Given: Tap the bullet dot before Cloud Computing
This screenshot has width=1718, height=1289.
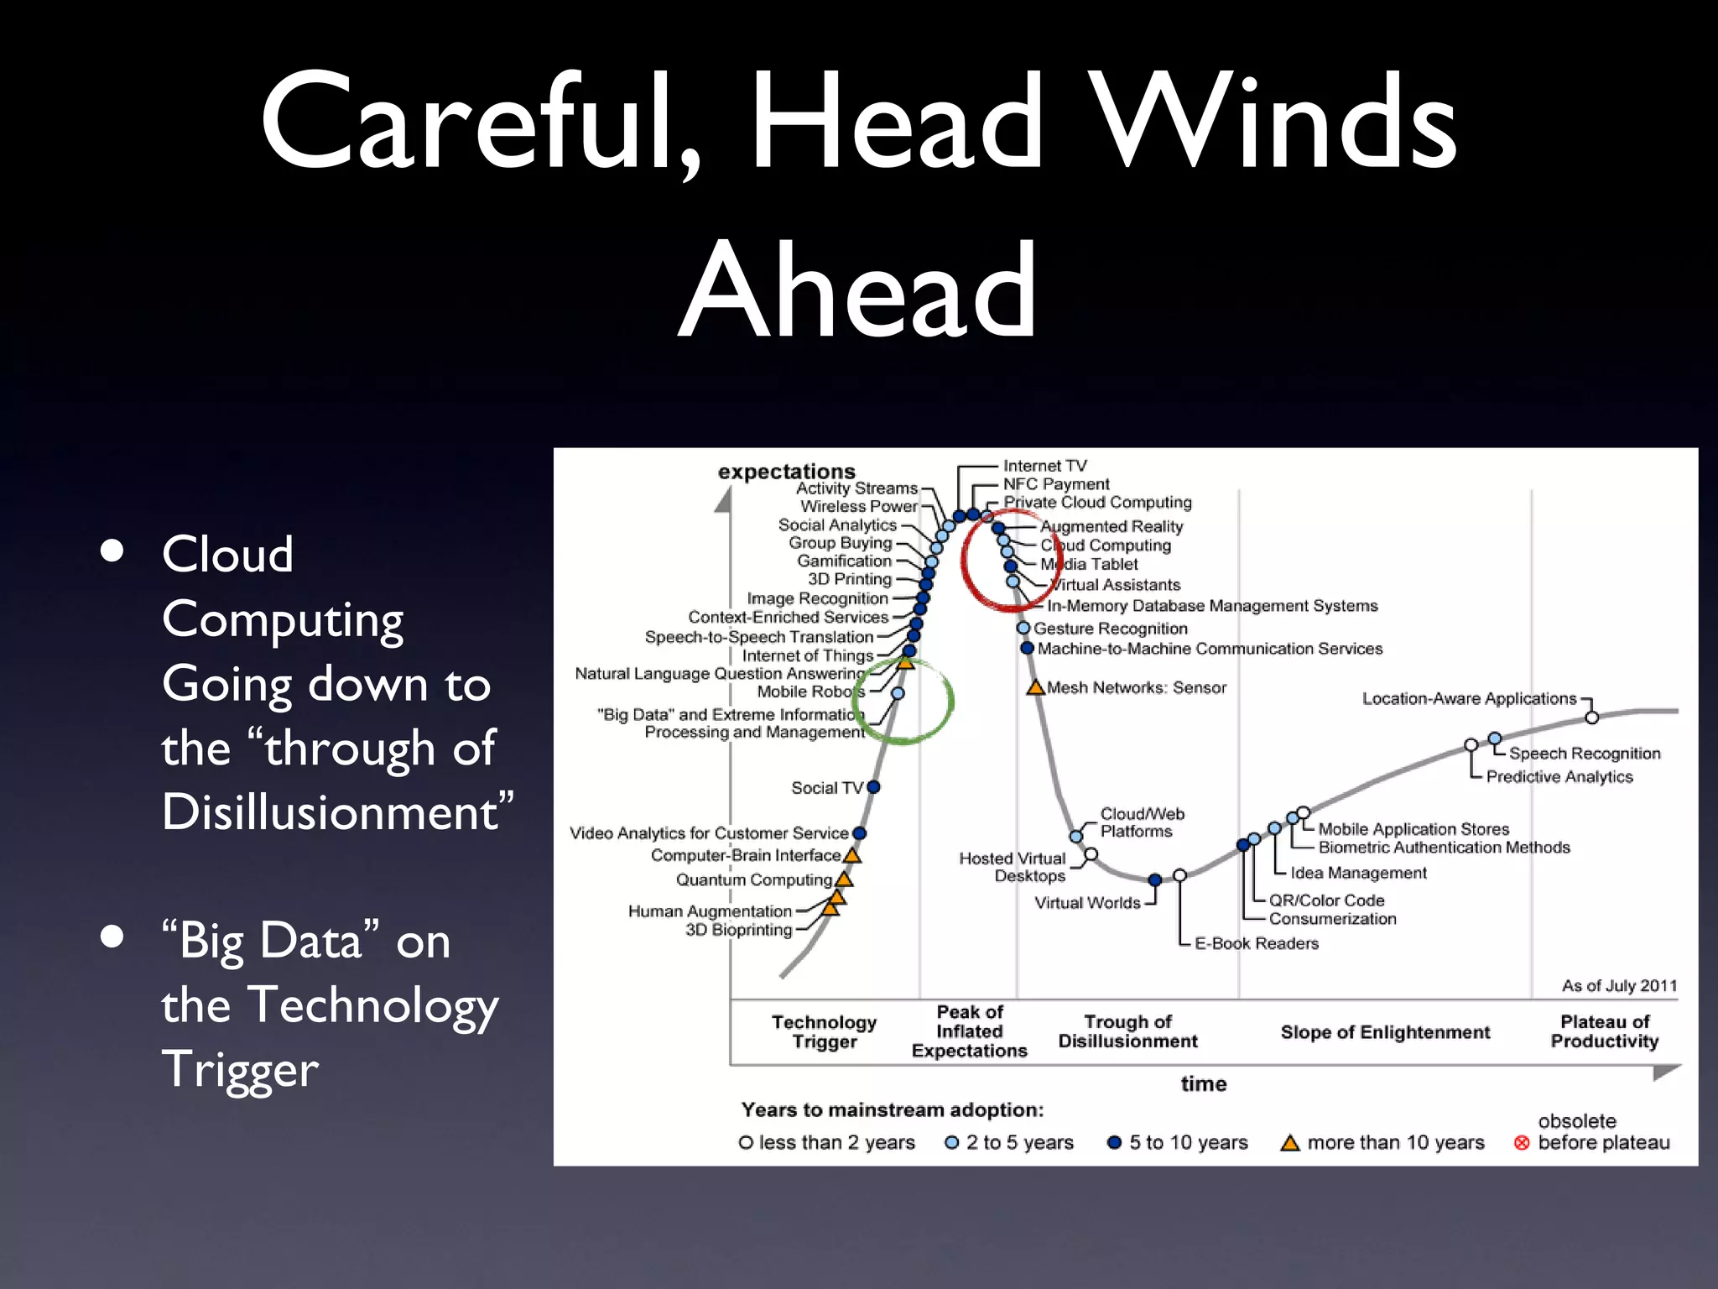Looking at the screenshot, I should pos(112,551).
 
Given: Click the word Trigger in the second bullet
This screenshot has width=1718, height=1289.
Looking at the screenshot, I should pos(240,1069).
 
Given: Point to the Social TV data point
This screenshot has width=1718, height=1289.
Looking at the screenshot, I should pos(873,787).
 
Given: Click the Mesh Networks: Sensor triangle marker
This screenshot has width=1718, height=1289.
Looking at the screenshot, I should pos(1036,688).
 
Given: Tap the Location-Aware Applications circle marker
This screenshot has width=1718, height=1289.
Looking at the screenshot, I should pos(1591,718).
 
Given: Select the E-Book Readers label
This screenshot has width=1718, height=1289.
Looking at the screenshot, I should pos(1256,943).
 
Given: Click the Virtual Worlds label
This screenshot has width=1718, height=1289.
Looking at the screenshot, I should pos(1087,903).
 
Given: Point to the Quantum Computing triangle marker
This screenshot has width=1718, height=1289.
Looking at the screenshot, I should pos(845,879).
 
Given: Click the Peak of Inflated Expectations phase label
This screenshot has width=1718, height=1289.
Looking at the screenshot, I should pos(969,1031).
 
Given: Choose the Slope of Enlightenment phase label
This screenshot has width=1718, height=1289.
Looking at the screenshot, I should pos(1385,1032).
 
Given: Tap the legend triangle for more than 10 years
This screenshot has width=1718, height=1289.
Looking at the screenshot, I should pos(1290,1143).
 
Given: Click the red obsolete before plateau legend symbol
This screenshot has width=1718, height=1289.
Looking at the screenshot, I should pos(1522,1143).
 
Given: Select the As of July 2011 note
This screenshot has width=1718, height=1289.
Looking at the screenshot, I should pos(1618,986).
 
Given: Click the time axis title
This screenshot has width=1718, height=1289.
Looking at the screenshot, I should pos(1203,1084).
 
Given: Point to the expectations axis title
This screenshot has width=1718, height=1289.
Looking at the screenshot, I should pos(786,472).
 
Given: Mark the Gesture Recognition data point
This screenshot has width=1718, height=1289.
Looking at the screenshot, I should pos(1023,628).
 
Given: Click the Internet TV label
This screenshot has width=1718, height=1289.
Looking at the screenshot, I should pos(1044,466).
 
